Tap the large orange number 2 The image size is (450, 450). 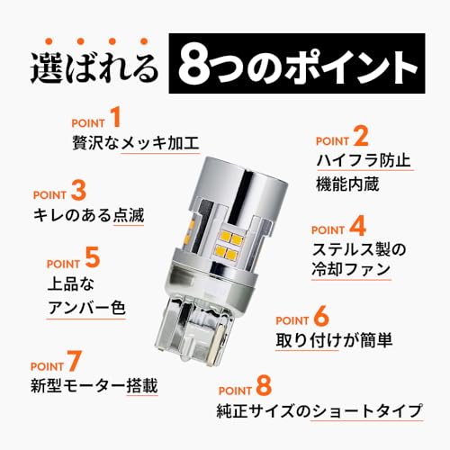(x=360, y=138)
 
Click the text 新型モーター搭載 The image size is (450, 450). (x=94, y=387)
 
